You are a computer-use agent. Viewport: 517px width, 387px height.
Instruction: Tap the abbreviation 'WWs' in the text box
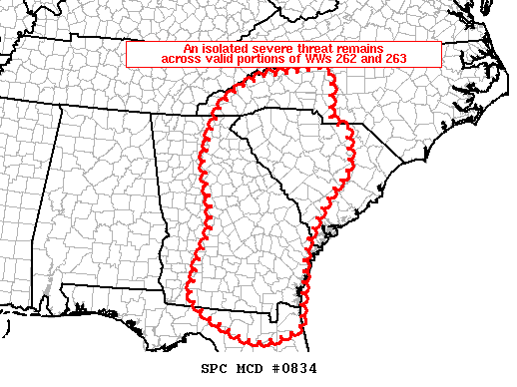pos(313,59)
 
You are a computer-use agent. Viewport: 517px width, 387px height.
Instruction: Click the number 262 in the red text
pos(344,59)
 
